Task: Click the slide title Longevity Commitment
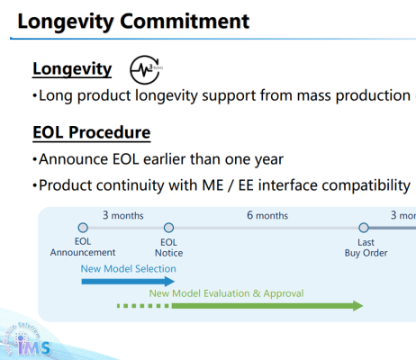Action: pyautogui.click(x=133, y=20)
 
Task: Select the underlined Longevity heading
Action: pyautogui.click(x=72, y=69)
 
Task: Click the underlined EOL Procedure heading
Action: pyautogui.click(x=91, y=133)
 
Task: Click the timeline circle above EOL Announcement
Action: pyautogui.click(x=83, y=229)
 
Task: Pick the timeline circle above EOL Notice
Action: pyautogui.click(x=168, y=229)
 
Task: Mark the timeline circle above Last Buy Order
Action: pyautogui.click(x=364, y=229)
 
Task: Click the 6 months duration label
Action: pyautogui.click(x=267, y=216)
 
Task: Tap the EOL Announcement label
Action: pyautogui.click(x=84, y=247)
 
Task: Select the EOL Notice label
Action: pyautogui.click(x=168, y=247)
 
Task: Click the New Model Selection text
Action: pyautogui.click(x=128, y=268)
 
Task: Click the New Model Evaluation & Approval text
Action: pyautogui.click(x=226, y=292)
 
